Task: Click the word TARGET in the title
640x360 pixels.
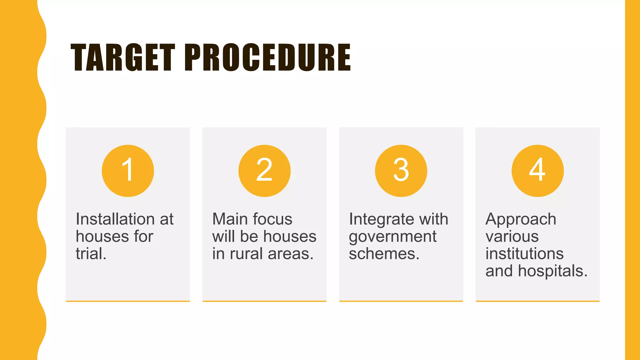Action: click(123, 58)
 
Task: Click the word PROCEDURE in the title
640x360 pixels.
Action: click(268, 58)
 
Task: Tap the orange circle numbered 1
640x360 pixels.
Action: click(128, 171)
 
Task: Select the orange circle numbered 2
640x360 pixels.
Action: click(264, 171)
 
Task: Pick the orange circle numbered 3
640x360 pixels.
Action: click(401, 171)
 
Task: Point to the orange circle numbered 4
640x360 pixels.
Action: click(537, 171)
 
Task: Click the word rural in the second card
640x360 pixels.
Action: click(246, 254)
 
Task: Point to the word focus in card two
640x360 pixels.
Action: click(272, 219)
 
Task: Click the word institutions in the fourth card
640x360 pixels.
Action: click(524, 254)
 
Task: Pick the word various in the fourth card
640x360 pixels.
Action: click(512, 237)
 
